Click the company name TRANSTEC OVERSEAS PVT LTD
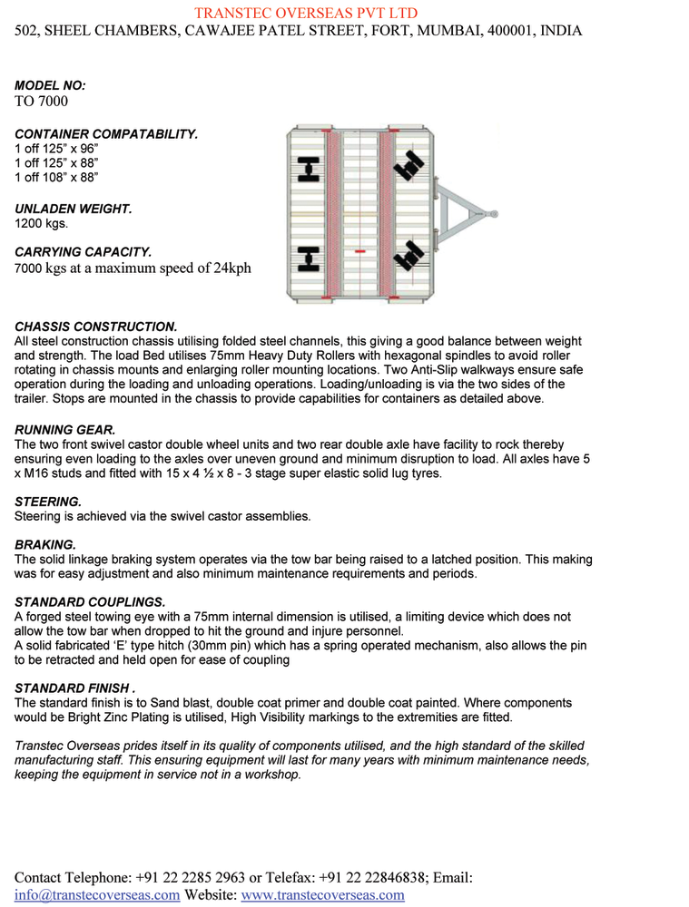306,13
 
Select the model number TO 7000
42,101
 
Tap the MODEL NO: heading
50,85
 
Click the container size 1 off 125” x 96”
57,148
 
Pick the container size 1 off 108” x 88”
57,177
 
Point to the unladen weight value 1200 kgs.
41,222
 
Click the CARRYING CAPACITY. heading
83,251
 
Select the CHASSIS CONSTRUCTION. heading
96,326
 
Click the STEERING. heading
48,501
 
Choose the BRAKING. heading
45,544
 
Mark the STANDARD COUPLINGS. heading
90,601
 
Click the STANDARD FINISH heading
75,688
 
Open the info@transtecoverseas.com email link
97,895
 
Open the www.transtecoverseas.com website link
322,895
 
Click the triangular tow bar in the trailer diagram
467,214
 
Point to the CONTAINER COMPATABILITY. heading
106,133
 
